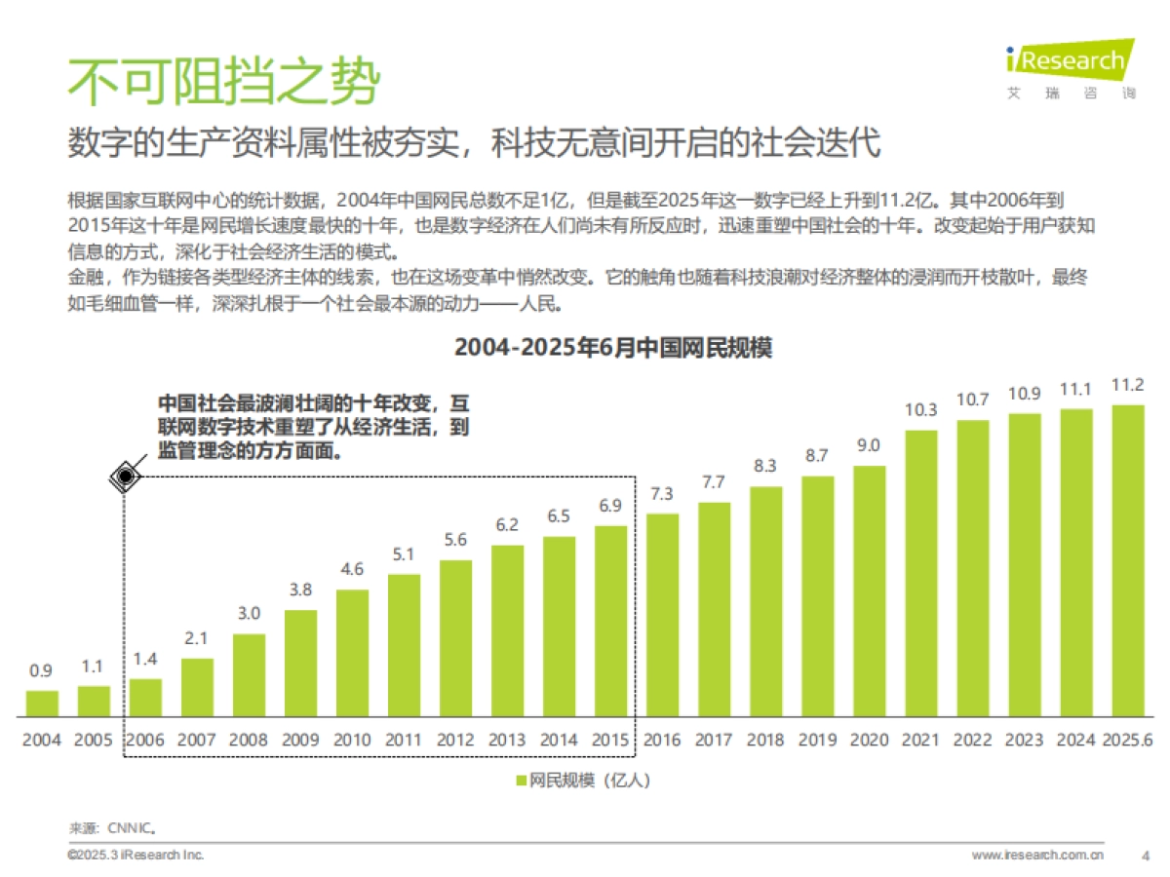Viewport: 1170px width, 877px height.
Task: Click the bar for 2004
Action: (x=42, y=704)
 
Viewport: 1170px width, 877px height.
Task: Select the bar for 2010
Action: (x=352, y=653)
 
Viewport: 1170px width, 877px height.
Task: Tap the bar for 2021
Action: (x=920, y=573)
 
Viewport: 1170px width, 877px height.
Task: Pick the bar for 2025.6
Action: (x=1127, y=560)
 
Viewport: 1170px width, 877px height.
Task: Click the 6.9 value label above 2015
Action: (x=609, y=506)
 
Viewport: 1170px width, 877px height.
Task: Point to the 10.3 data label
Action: (x=920, y=409)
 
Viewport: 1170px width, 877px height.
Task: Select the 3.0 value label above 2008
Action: (x=249, y=613)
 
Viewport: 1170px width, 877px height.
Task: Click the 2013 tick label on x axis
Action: (x=507, y=740)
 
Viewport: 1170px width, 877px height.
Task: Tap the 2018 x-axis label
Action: (x=765, y=740)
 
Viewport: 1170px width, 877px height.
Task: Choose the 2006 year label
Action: (x=145, y=740)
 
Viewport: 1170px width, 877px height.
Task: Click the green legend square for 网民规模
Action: (x=520, y=781)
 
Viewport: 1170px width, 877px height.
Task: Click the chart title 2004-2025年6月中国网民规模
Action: (x=612, y=348)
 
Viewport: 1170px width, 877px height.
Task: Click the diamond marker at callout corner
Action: (x=125, y=477)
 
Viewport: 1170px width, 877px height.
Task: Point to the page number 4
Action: (x=1145, y=856)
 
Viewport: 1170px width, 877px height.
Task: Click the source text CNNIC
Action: (x=133, y=828)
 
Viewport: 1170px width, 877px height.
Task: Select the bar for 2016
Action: (x=662, y=616)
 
